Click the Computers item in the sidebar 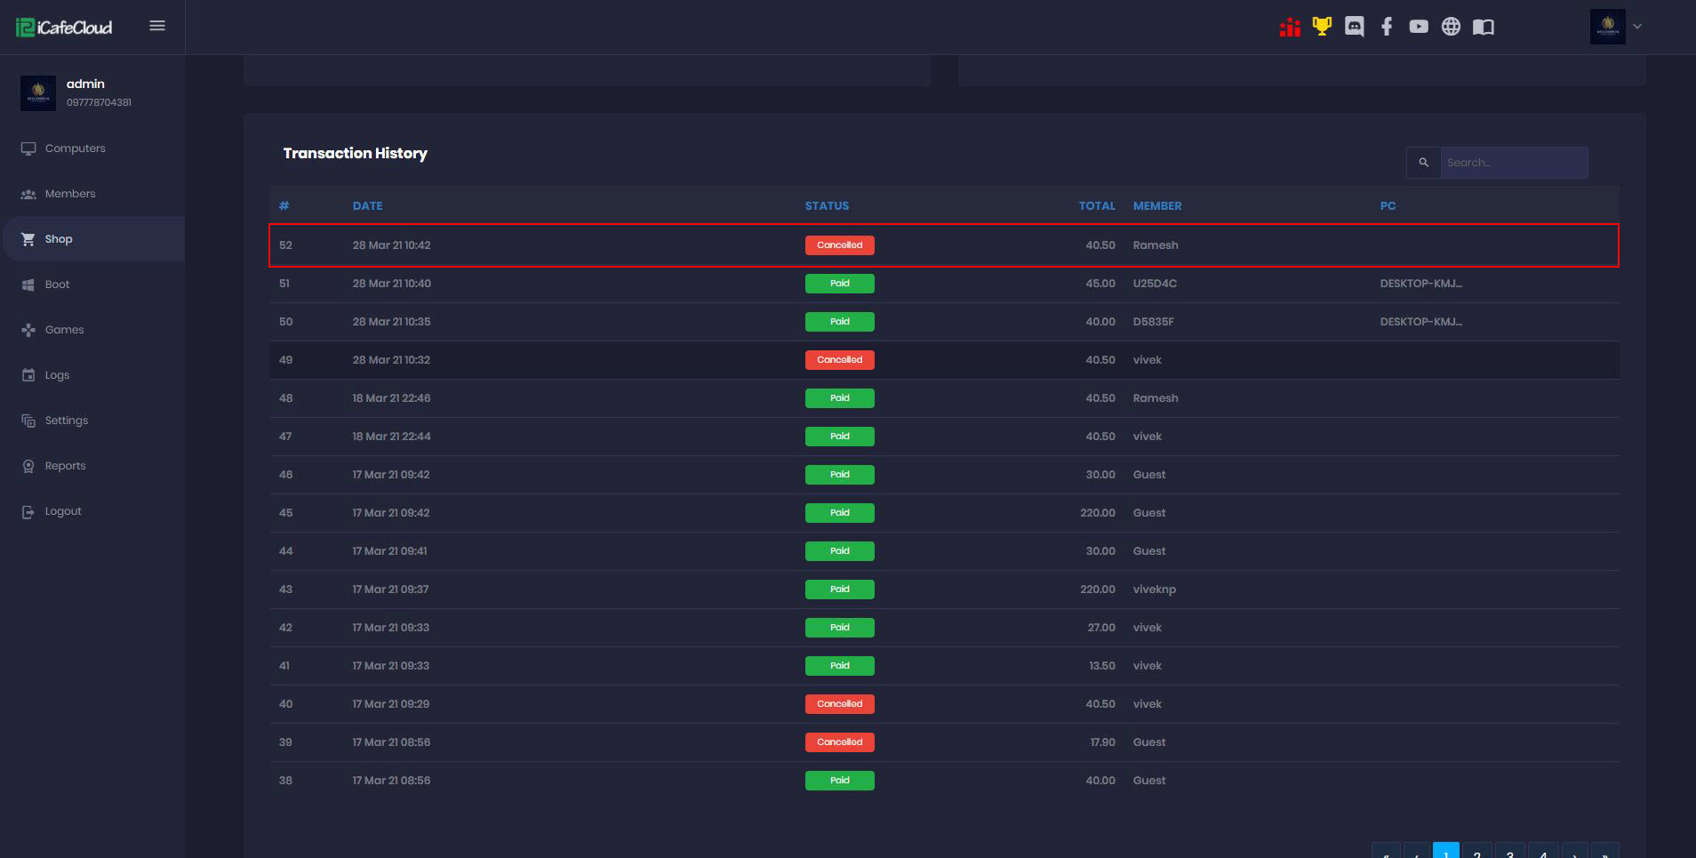point(75,148)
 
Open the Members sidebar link point(69,194)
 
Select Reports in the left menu point(65,466)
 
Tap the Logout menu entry point(62,511)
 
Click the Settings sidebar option point(66,421)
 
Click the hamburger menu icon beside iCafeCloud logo point(157,26)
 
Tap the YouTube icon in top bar point(1419,27)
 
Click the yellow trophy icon point(1323,27)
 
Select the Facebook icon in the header point(1387,27)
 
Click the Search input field point(1513,163)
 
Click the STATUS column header point(827,206)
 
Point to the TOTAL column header point(1097,206)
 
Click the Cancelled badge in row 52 point(839,245)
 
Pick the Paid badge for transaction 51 point(839,284)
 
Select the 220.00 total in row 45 point(1098,513)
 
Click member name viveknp point(1154,589)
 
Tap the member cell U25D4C point(1155,284)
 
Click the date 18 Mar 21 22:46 point(391,398)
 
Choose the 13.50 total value point(1102,666)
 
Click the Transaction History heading point(355,154)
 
